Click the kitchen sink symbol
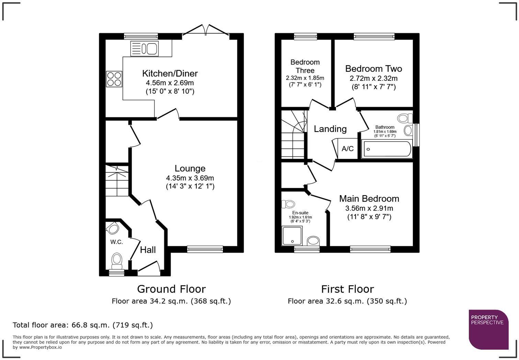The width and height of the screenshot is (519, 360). (144, 48)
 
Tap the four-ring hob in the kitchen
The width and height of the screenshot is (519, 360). (114, 79)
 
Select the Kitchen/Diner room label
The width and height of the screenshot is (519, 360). (170, 74)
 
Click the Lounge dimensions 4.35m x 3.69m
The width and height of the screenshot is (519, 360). (190, 178)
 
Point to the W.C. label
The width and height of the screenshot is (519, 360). (116, 242)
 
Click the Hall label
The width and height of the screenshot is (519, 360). (148, 250)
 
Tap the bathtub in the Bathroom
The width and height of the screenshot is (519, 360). (387, 149)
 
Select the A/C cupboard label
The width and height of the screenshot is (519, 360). (347, 149)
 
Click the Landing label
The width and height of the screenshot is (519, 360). (330, 129)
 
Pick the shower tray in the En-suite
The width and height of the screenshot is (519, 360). (292, 236)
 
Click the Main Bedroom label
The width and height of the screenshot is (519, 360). (369, 199)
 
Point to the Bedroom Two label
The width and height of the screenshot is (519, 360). (373, 69)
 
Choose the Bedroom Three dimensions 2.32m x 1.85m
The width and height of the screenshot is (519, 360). (305, 78)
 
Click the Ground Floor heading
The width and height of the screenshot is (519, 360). (171, 289)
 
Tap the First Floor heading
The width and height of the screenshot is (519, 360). (347, 289)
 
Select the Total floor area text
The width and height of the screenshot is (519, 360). (83, 325)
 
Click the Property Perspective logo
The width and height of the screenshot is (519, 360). (488, 329)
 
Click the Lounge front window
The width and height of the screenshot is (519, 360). (205, 249)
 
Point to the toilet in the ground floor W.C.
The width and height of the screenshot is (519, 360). (117, 261)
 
